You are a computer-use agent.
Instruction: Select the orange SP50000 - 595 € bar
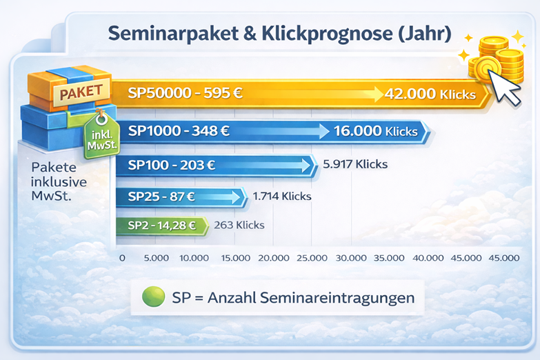pos(276,93)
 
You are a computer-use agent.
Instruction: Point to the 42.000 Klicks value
pos(431,94)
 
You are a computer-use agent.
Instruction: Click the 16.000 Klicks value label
pos(375,131)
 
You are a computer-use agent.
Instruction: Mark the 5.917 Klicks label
pos(355,165)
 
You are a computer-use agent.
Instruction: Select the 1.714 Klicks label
pos(282,197)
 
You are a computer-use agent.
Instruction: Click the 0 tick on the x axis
pos(122,258)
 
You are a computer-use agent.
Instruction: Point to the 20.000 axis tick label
pos(273,258)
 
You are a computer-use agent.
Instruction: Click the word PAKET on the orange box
pos(81,90)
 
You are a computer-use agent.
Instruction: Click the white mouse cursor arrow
pos(508,88)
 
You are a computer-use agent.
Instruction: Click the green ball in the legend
pos(152,297)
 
